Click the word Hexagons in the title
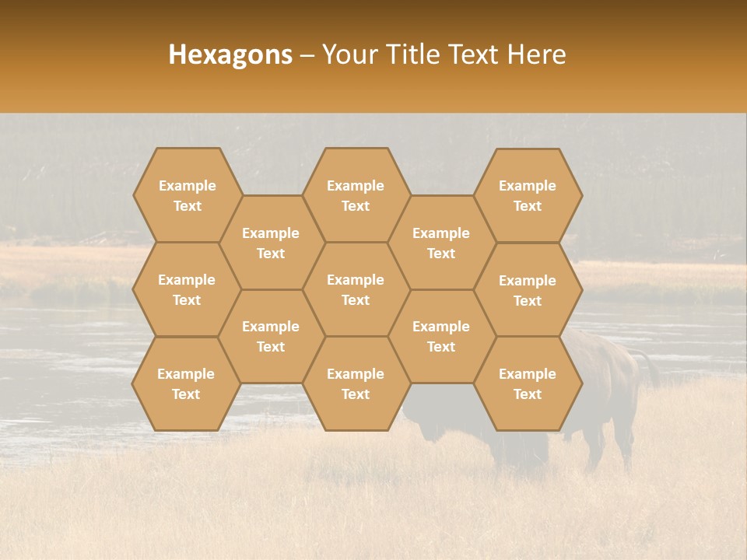[x=230, y=54]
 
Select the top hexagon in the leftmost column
[x=187, y=195]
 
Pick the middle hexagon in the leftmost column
[x=187, y=289]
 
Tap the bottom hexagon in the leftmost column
[x=187, y=383]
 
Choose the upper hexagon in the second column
[x=271, y=243]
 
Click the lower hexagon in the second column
[x=271, y=336]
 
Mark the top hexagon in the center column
[x=356, y=195]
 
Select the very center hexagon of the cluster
[x=356, y=289]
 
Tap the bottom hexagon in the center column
[x=356, y=383]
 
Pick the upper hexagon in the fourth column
[x=441, y=243]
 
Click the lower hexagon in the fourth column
[x=441, y=336]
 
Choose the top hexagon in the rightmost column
[x=528, y=195]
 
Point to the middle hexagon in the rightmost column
[x=528, y=290]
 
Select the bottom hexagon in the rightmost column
[x=528, y=383]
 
